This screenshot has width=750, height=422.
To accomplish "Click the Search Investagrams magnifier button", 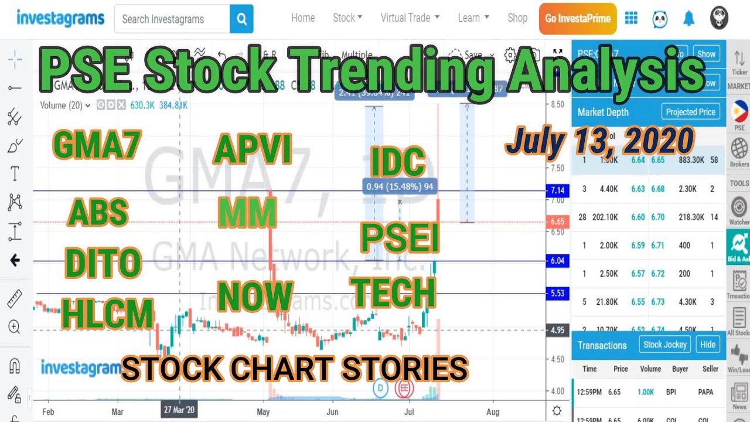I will [x=241, y=19].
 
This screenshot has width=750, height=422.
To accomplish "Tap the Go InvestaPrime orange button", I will [x=578, y=18].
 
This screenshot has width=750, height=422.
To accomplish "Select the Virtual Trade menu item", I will [x=410, y=18].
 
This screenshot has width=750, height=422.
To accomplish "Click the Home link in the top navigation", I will [x=303, y=18].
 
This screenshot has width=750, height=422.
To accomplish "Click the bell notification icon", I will [x=689, y=19].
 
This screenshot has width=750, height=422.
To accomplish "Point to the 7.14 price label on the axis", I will [x=557, y=191].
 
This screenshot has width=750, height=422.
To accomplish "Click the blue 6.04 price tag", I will [x=557, y=261].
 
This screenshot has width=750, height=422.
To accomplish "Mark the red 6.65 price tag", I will [x=557, y=222].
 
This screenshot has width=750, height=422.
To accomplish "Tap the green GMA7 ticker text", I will [x=97, y=144].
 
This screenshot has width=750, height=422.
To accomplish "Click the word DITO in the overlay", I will [x=103, y=264].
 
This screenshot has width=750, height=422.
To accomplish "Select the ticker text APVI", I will [x=253, y=150].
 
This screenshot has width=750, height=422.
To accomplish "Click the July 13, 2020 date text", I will [x=599, y=141].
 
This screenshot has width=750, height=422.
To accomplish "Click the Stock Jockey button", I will [x=664, y=345].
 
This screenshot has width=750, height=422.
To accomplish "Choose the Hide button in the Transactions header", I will [x=707, y=345].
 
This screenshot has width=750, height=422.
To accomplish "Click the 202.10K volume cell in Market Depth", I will [x=607, y=217].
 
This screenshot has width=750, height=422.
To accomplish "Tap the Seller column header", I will [x=710, y=369].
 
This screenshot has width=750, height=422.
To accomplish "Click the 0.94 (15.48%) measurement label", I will [x=400, y=186].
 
